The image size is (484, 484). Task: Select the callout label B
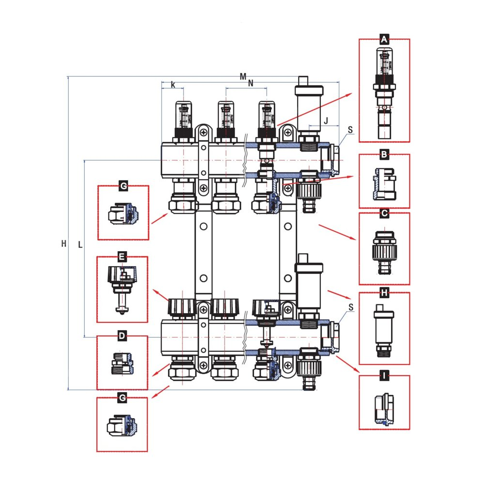[384, 155]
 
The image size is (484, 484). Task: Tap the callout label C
[384, 213]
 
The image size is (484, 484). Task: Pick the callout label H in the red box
[384, 293]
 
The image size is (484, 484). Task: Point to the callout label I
[384, 376]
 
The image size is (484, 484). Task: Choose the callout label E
[122, 257]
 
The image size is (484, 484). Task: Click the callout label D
[122, 336]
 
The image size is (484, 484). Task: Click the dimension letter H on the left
[63, 244]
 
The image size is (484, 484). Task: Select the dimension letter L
[80, 245]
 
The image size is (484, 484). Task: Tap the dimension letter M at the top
[243, 76]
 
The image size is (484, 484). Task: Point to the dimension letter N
[250, 83]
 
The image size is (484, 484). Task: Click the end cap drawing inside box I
[384, 409]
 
